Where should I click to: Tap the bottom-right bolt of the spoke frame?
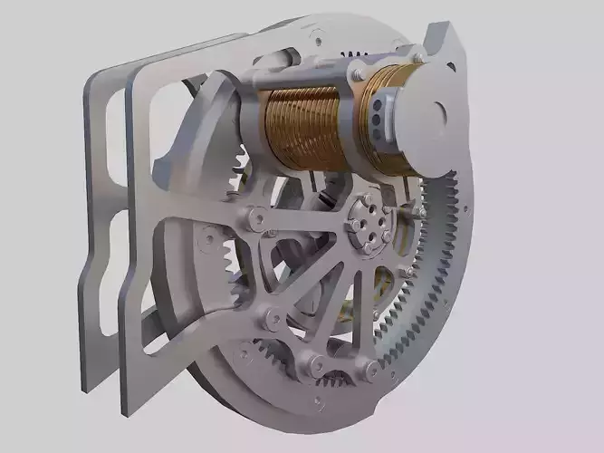point(371,367)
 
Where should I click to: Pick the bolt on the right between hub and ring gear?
point(418,210)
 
